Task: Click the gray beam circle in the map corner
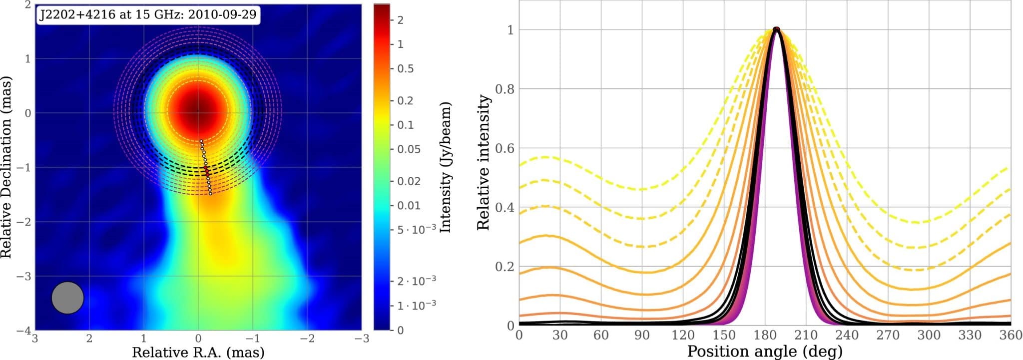click(x=67, y=298)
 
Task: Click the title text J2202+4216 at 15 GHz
click(x=148, y=14)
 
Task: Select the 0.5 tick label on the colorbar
click(x=405, y=68)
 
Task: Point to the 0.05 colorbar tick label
click(x=409, y=149)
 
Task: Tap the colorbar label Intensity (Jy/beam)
click(x=446, y=167)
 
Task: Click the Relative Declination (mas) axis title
click(x=6, y=167)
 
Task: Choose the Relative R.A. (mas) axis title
click(x=198, y=353)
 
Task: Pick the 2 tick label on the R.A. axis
click(x=89, y=339)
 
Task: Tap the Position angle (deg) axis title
click(x=765, y=351)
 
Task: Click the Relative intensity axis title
click(x=483, y=162)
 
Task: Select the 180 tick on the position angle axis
click(x=765, y=335)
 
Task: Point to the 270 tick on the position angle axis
click(x=888, y=335)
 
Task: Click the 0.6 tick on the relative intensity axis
click(x=504, y=148)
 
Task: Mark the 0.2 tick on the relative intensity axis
click(x=504, y=267)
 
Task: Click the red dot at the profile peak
click(x=776, y=29)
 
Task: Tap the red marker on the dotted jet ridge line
click(x=206, y=171)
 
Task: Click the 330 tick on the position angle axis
click(x=970, y=335)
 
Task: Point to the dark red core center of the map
click(x=197, y=111)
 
